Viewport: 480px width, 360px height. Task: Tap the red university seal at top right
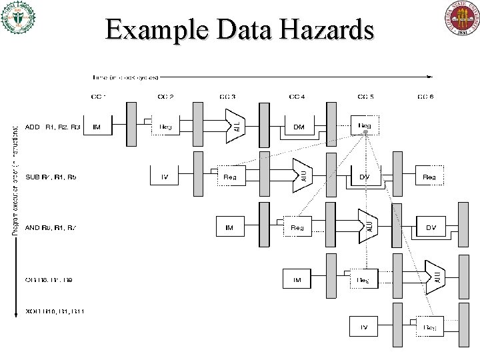pyautogui.click(x=461, y=19)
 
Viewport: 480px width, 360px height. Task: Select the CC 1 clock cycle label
pyautogui.click(x=99, y=97)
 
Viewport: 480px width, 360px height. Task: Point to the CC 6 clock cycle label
pyautogui.click(x=425, y=97)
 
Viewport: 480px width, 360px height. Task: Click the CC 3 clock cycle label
pyautogui.click(x=229, y=97)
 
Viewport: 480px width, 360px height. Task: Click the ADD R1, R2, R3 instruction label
pyautogui.click(x=53, y=127)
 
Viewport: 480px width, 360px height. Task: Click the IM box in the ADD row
pyautogui.click(x=97, y=127)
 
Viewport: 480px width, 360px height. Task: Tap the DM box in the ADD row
pyautogui.click(x=298, y=127)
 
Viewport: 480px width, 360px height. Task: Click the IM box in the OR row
pyautogui.click(x=297, y=280)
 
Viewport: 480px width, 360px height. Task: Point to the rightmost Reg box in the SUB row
pyautogui.click(x=429, y=177)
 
